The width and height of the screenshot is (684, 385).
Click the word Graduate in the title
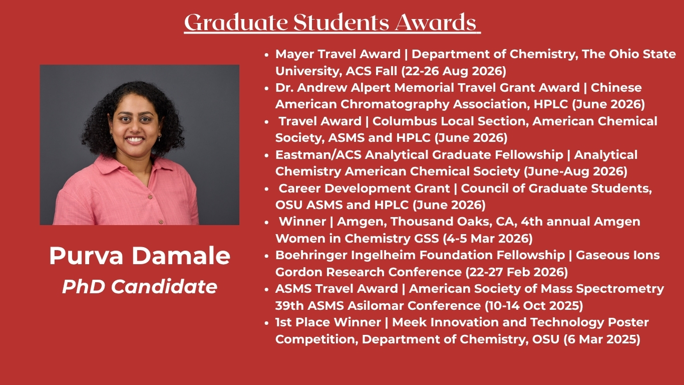pos(236,23)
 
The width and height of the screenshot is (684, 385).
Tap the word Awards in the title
pos(436,23)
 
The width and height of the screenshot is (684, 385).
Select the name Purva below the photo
pos(86,256)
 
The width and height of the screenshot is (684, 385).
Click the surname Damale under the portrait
pos(181,256)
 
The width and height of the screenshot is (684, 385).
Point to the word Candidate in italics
pos(164,287)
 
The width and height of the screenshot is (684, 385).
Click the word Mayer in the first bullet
pos(294,55)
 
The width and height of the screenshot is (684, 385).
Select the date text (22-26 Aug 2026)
pos(454,71)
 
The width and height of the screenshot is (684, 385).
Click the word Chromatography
pos(395,104)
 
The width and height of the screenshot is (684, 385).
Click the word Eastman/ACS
pos(318,155)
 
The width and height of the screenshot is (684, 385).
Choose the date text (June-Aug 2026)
pos(576,171)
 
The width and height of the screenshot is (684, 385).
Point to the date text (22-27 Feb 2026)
pos(517,272)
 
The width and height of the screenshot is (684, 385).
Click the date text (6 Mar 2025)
pos(602,339)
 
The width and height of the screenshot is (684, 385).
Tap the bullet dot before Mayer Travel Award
pos(266,55)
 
